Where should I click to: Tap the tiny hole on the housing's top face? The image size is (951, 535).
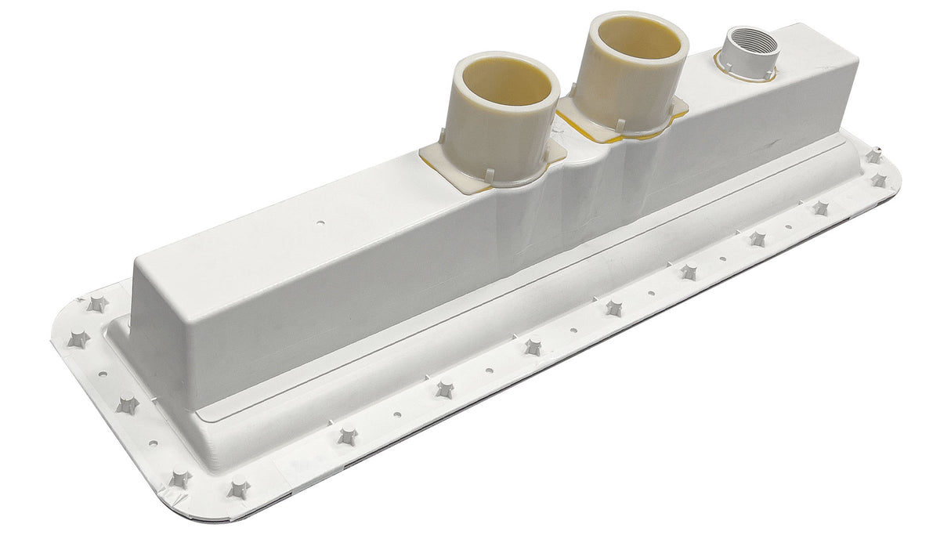click(x=320, y=222)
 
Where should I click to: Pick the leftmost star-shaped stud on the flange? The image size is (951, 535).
click(x=78, y=340)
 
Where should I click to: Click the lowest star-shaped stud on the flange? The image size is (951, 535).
click(x=238, y=490)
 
